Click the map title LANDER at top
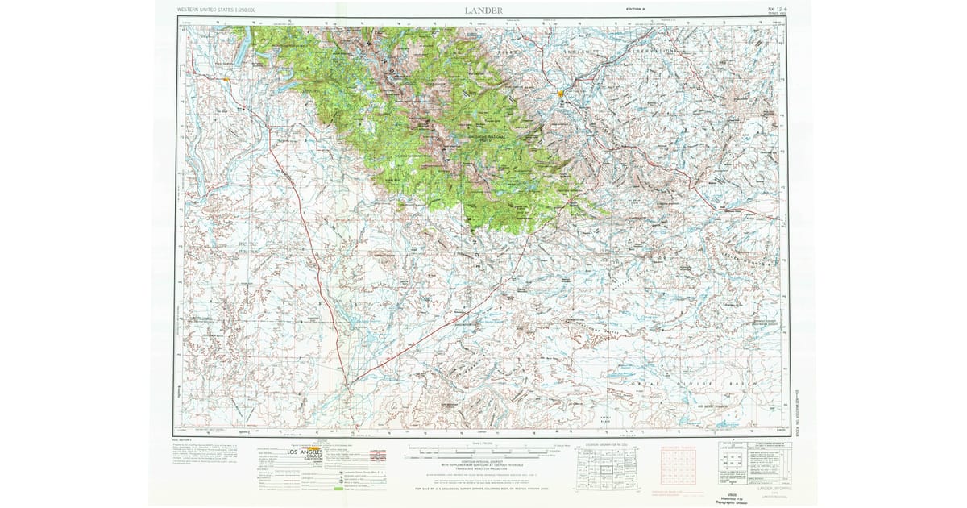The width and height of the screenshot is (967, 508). coord(483,10)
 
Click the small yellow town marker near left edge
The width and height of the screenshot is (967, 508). coord(229,80)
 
